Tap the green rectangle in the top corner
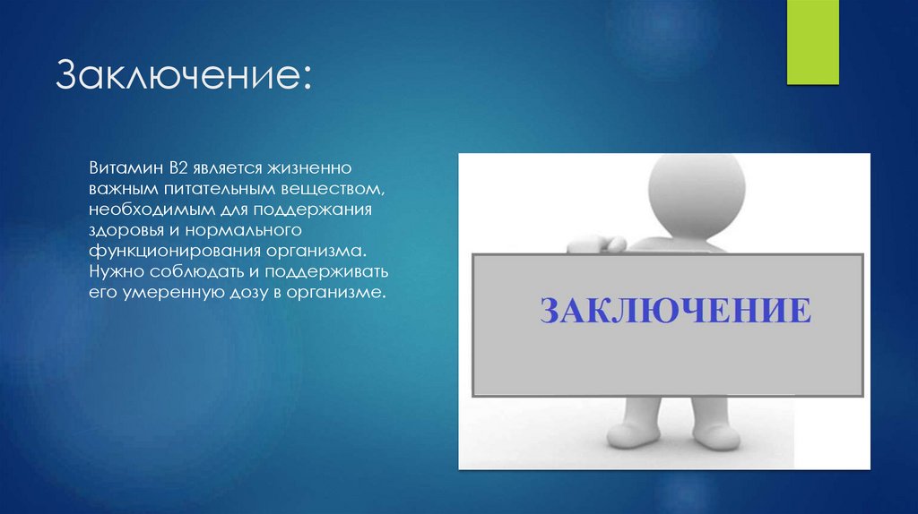click(811, 42)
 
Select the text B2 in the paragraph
click(174, 168)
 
